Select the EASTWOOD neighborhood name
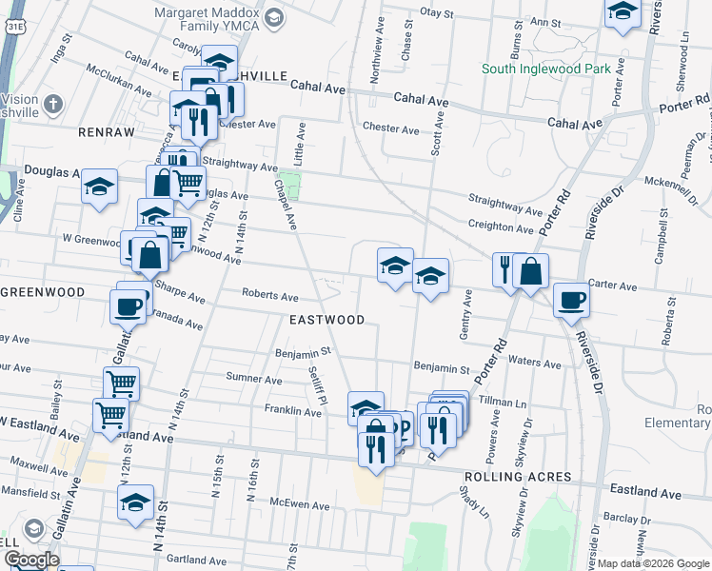326,320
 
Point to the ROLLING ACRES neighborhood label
518,476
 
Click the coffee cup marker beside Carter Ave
571,300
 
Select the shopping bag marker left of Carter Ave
530,271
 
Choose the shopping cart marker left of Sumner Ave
121,384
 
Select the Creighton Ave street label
500,228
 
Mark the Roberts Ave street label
269,295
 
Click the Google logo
30,560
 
